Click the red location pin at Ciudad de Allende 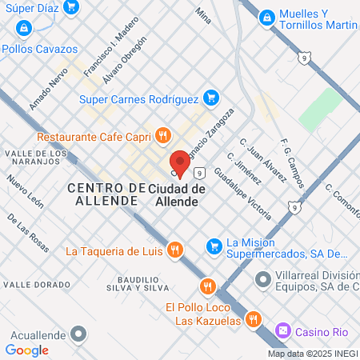tap(180, 162)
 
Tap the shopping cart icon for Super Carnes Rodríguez tap(210, 98)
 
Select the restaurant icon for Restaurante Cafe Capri tap(163, 135)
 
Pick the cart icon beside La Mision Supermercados tap(213, 245)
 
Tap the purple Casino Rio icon tap(283, 330)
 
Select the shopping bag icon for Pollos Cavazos tap(25, 28)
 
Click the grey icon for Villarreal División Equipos tap(262, 280)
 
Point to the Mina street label tap(204, 15)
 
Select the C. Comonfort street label tap(340, 200)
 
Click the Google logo tap(27, 350)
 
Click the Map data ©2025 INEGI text tap(312, 354)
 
